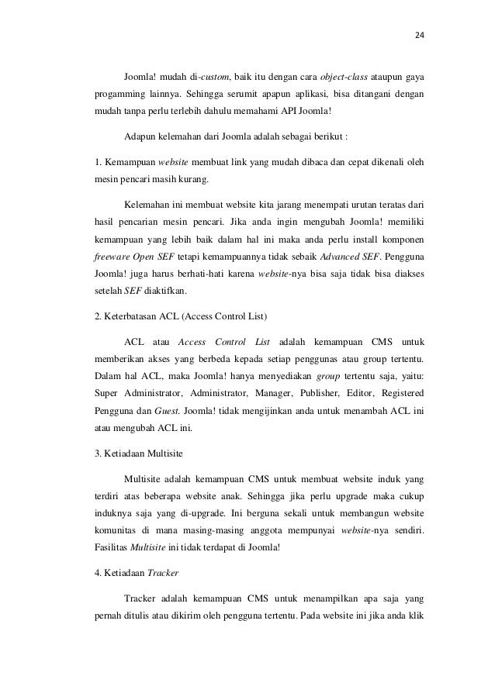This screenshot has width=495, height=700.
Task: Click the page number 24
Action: (420, 35)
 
